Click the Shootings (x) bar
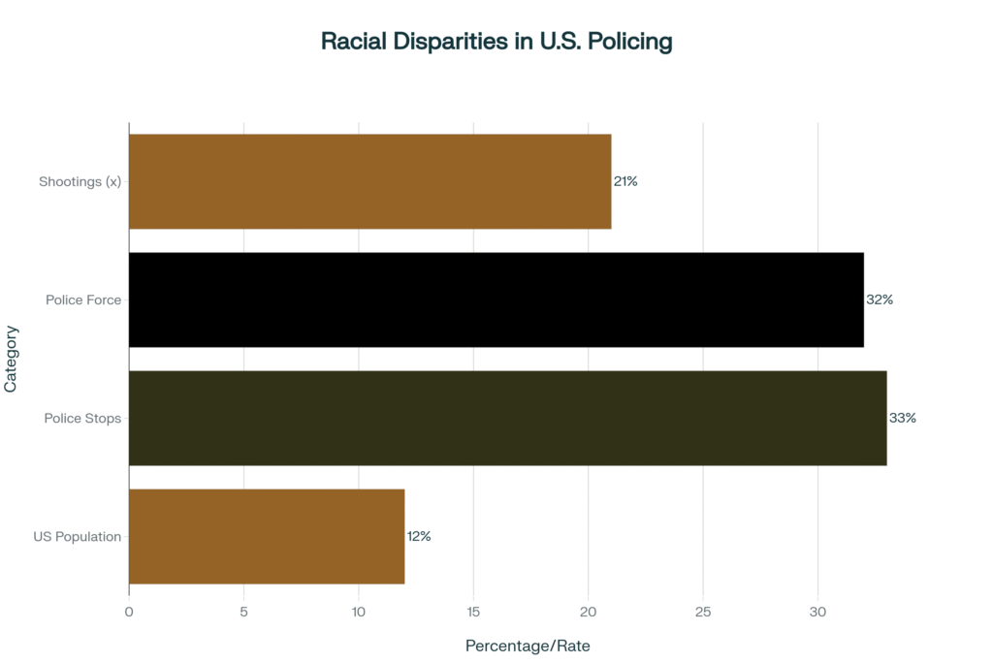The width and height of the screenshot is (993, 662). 369,181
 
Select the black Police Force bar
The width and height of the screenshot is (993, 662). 496,299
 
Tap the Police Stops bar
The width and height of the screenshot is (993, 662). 507,418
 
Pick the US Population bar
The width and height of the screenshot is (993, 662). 267,536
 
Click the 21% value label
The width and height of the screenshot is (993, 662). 625,181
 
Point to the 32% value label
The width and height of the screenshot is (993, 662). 880,299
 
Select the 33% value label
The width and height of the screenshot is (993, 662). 903,418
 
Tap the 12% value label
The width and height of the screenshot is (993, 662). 419,536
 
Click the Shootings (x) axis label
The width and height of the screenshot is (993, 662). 80,181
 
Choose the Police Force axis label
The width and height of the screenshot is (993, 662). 83,299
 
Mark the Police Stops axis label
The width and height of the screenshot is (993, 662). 82,418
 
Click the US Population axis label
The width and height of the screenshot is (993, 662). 78,536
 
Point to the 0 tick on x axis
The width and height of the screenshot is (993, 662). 129,612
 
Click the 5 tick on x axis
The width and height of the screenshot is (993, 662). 243,612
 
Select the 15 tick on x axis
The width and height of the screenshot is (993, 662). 473,612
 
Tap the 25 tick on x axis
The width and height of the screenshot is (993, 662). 703,612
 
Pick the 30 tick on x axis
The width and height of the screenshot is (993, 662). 817,612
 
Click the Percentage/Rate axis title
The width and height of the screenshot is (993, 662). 528,646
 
